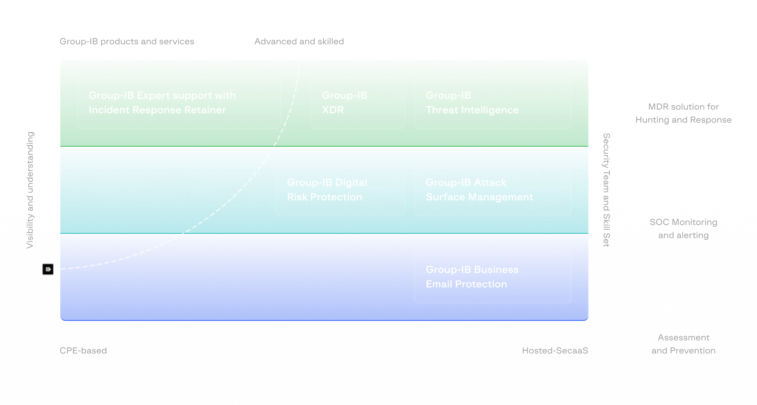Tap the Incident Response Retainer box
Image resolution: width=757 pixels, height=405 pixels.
point(179,103)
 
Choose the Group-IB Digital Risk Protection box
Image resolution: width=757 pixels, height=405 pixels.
point(340,190)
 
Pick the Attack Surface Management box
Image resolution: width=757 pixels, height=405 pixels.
point(493,190)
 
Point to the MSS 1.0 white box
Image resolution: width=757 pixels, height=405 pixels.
point(683,306)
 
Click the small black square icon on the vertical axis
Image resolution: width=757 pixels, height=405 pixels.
point(48,269)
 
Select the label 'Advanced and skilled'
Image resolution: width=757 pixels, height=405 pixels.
point(299,41)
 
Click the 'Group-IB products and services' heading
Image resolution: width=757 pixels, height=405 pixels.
point(127,41)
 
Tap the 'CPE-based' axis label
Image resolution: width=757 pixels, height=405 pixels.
point(83,351)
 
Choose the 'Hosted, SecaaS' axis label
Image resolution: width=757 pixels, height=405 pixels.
point(555,351)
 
